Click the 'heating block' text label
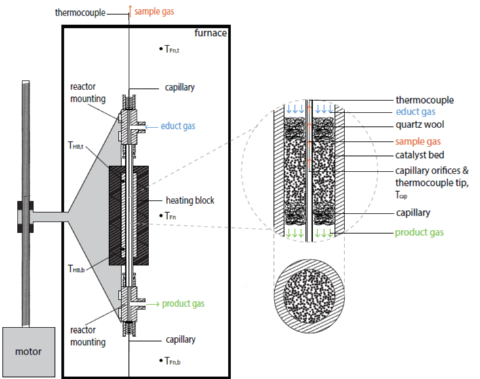(191, 201)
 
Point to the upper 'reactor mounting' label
(87, 94)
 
